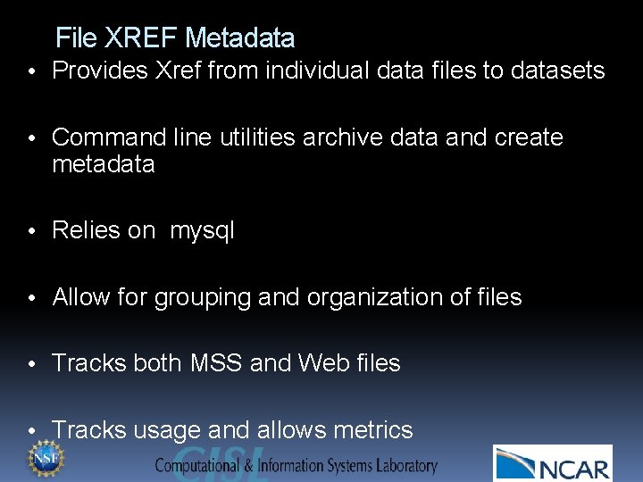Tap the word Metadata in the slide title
[x=239, y=38]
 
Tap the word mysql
[x=203, y=231]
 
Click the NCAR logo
[x=553, y=464]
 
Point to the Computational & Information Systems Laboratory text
[x=296, y=465]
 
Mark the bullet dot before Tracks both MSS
[x=31, y=364]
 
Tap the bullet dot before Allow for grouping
[x=31, y=298]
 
